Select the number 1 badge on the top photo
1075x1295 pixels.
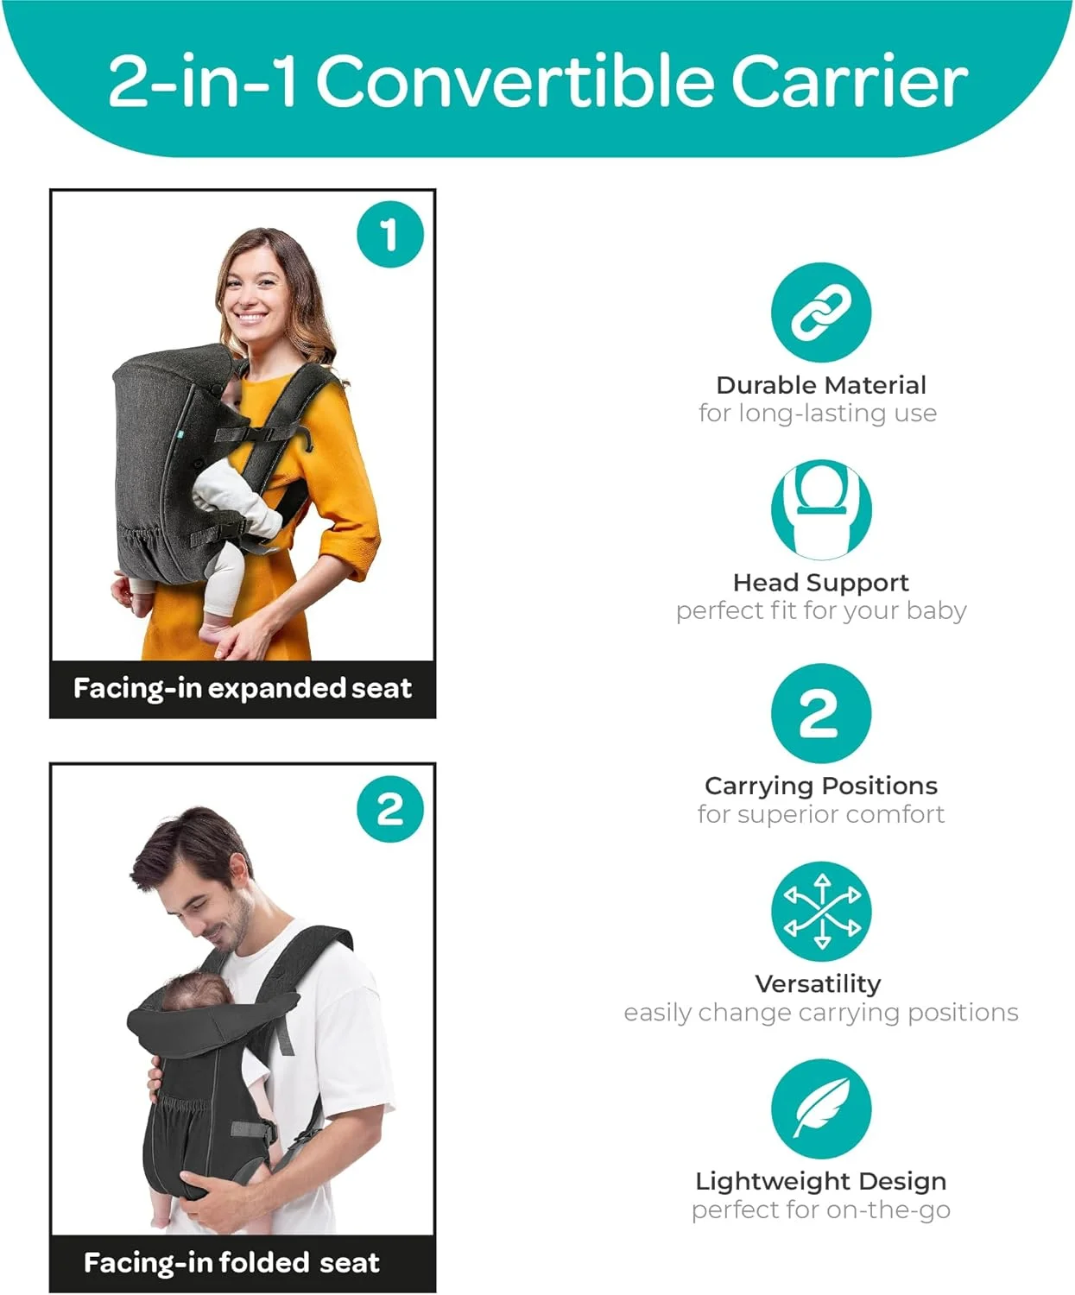tap(390, 235)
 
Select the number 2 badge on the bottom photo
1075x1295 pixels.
tap(390, 809)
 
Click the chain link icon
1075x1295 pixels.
tap(821, 312)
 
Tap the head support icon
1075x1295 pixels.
tap(821, 509)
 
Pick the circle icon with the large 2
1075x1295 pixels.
tap(821, 713)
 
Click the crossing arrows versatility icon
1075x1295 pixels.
tap(821, 911)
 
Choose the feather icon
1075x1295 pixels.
tap(821, 1109)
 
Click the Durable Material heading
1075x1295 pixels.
tap(821, 385)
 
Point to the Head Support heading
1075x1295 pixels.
tap(820, 584)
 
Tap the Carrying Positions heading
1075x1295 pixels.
tap(821, 786)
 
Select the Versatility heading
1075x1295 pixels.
tap(819, 984)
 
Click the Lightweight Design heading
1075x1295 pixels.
tap(821, 1182)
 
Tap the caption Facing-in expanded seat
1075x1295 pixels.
tap(243, 689)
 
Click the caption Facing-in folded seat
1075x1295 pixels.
tap(231, 1263)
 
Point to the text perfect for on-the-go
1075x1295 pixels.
tap(821, 1210)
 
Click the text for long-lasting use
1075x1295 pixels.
tap(818, 414)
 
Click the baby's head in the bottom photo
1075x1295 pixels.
tap(196, 991)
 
